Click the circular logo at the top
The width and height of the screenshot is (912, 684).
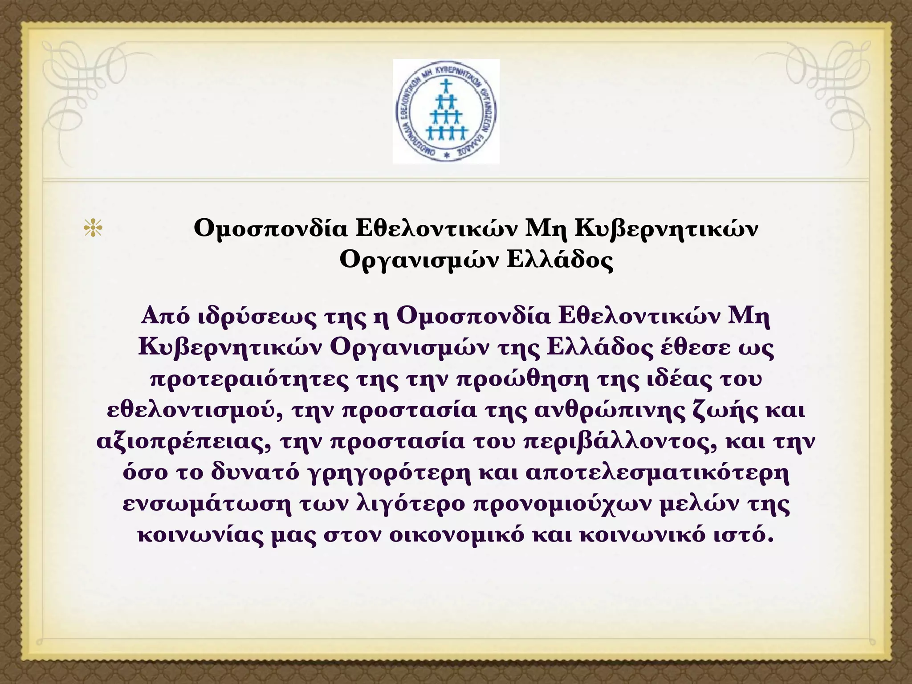[446, 111]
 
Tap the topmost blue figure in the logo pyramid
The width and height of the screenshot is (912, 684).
[446, 85]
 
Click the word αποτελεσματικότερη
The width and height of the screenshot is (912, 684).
[657, 474]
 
